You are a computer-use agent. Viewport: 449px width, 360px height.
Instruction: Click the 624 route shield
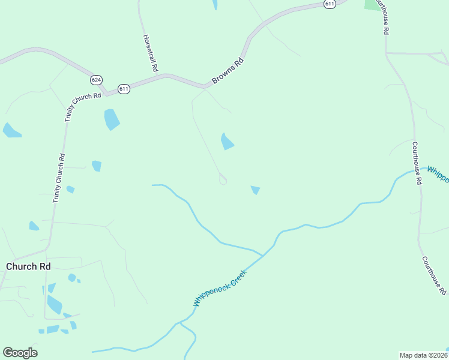click(97, 80)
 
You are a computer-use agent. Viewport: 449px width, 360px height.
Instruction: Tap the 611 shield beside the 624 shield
click(124, 89)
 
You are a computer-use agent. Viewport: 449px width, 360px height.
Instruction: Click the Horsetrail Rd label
click(150, 53)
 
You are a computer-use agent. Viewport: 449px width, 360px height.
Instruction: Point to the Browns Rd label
click(228, 71)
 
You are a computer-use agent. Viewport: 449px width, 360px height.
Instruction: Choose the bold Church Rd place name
click(28, 266)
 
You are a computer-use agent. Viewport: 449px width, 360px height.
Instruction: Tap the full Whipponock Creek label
click(220, 289)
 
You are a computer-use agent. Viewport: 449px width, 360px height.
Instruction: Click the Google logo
click(20, 353)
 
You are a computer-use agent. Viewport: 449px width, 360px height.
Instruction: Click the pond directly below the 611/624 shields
click(112, 119)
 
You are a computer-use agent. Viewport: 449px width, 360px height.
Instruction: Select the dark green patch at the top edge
click(373, 4)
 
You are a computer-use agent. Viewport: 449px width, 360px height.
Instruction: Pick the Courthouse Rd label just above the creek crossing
click(415, 163)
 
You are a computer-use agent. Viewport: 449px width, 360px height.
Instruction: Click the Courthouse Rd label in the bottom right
click(433, 275)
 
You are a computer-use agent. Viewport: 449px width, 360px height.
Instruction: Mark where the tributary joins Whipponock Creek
click(263, 256)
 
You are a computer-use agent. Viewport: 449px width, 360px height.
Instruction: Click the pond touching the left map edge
click(11, 130)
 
